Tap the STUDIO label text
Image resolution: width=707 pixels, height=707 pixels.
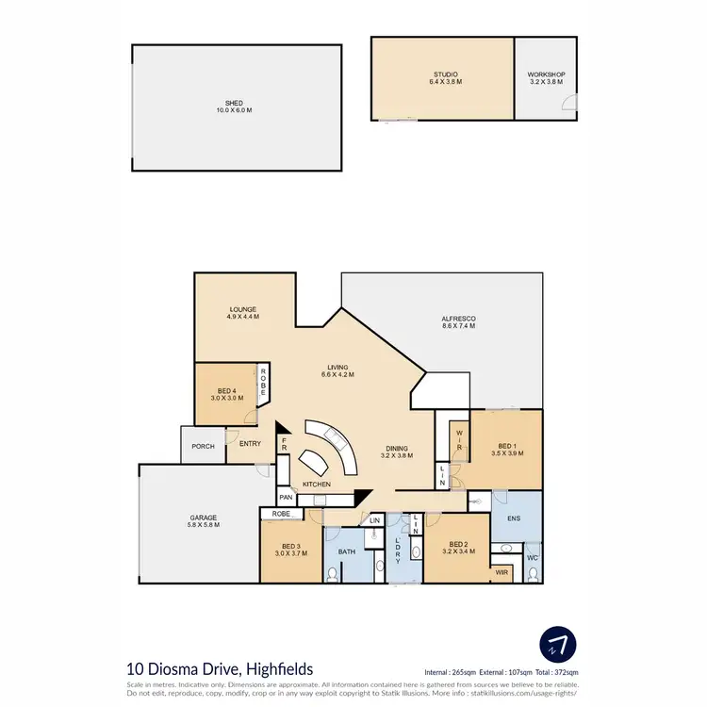(x=444, y=74)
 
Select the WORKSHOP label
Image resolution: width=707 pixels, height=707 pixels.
(x=546, y=74)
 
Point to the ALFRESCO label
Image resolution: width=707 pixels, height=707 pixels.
(x=459, y=319)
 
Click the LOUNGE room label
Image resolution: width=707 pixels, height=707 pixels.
(x=242, y=309)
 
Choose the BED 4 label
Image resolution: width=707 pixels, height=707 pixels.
(x=227, y=390)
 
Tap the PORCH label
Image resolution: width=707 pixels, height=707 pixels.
(x=203, y=446)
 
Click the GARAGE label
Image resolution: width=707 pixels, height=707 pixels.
(x=203, y=518)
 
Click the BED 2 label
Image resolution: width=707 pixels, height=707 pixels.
(x=459, y=544)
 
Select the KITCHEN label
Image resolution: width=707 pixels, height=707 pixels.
(x=317, y=484)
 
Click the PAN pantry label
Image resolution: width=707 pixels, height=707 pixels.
(x=286, y=497)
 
